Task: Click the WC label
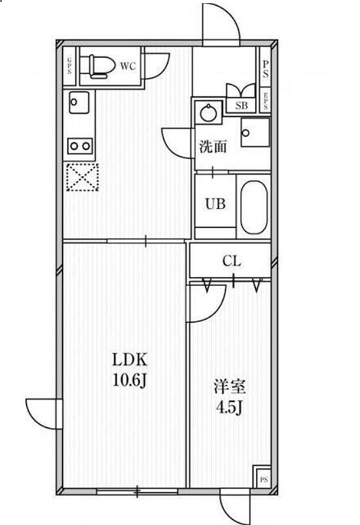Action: click(127, 66)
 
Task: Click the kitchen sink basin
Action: click(78, 102)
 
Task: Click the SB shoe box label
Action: click(241, 104)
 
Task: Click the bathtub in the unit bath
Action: click(253, 207)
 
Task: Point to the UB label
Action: click(215, 203)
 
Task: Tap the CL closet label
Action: click(231, 261)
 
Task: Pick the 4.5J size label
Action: click(230, 408)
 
